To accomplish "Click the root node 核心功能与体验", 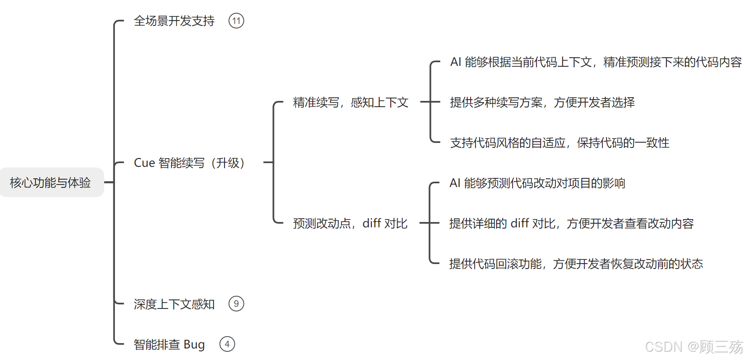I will pos(50,182).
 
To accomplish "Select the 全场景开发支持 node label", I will pos(174,21).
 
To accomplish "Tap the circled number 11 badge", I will pos(236,21).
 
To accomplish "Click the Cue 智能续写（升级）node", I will pos(189,163).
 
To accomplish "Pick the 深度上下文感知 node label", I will pos(174,304).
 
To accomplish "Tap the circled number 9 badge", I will pos(236,304).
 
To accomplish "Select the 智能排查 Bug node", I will pos(169,344).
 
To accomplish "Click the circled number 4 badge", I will pos(227,344).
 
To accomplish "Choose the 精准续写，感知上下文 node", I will pos(350,102).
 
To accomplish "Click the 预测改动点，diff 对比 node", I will pos(350,223).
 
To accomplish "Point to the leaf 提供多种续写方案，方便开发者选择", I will pos(542,102).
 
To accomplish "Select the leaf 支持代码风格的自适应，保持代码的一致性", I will pos(560,143).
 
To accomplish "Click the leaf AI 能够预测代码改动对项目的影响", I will pos(537,183).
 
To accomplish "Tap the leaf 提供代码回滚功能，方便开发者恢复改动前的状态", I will pos(576,264).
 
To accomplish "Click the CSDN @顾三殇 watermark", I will pos(693,347).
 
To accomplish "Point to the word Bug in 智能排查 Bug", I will pos(194,344).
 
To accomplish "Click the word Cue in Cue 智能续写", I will pos(144,163).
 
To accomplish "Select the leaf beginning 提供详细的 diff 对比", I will pos(571,223).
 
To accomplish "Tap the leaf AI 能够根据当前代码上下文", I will pos(596,62).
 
